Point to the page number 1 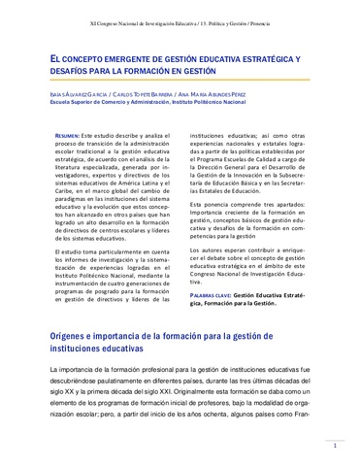click(x=335, y=448)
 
